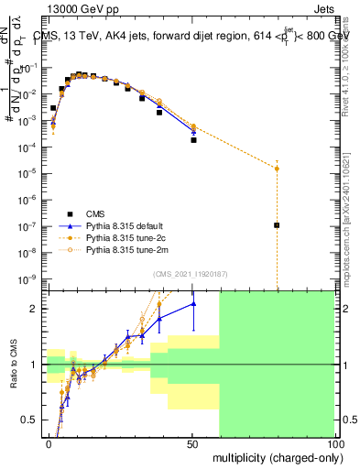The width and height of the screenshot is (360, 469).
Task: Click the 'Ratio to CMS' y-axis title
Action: [13, 364]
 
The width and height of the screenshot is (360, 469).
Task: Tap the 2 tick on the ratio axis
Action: [35, 309]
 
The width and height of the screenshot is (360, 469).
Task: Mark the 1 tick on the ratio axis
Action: [35, 365]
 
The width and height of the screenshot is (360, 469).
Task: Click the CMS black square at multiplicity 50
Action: [193, 140]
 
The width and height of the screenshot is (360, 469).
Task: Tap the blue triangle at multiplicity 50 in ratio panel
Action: [193, 303]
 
